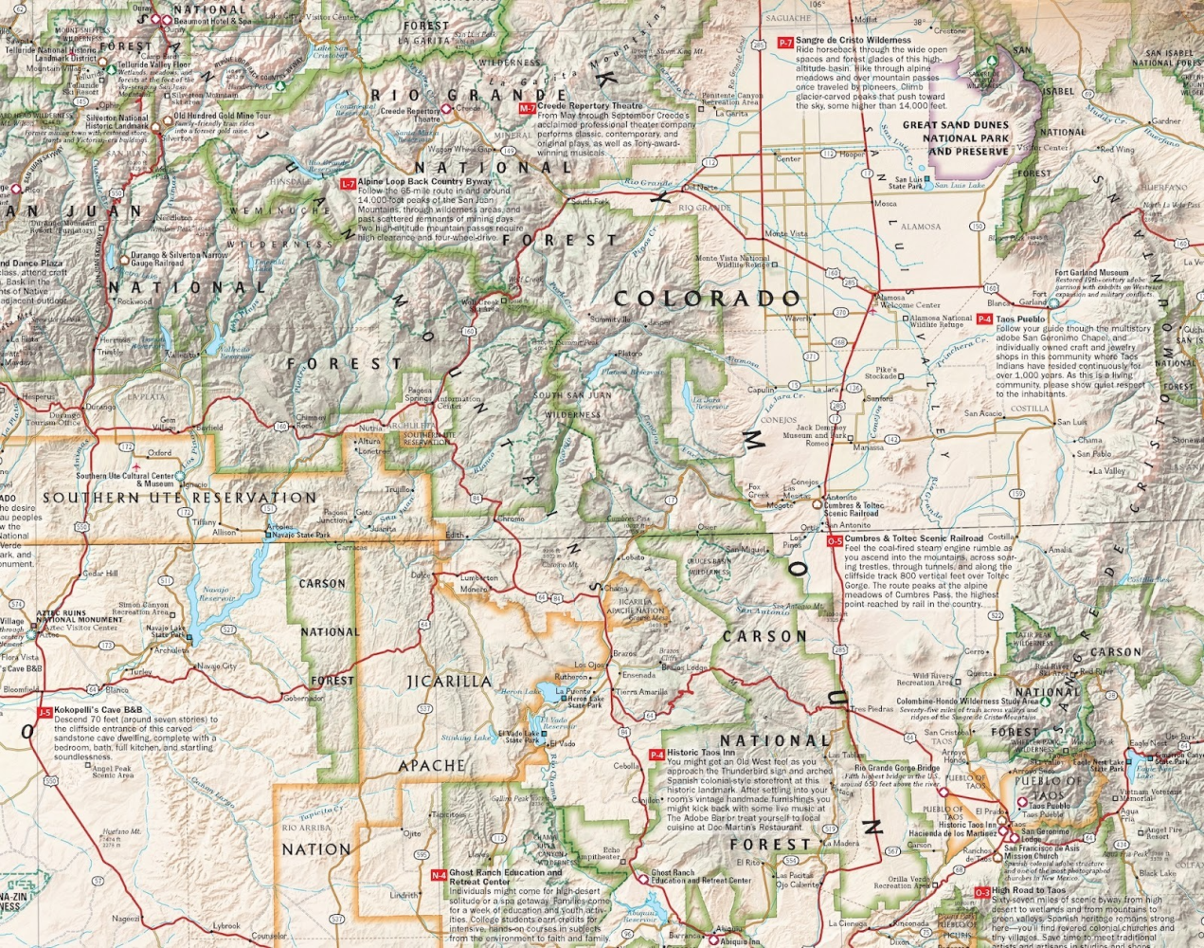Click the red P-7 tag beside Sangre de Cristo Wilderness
pos(784,43)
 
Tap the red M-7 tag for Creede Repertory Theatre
pos(528,109)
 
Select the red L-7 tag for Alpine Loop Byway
pos(348,183)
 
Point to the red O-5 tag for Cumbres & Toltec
pos(834,540)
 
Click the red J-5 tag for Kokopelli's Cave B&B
pos(44,712)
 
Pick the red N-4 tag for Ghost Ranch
pos(438,875)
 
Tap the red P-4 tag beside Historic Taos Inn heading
pos(656,755)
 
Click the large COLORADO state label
pos(708,299)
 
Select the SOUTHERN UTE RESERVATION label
pos(179,498)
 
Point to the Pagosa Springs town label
pos(419,393)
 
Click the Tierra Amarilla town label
pos(641,692)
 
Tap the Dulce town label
pos(420,574)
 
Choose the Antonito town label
pos(840,497)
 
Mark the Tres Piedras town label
pos(871,708)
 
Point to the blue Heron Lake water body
pos(548,691)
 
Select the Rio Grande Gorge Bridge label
pos(896,768)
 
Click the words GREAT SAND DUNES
pos(955,124)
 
